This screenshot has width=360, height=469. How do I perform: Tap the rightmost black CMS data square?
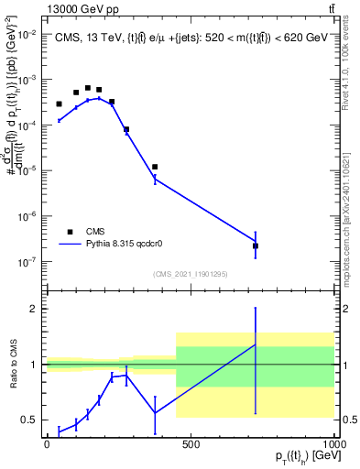(x=256, y=245)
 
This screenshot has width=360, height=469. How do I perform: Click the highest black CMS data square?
(x=88, y=88)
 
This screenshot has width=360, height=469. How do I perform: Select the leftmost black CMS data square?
(x=59, y=104)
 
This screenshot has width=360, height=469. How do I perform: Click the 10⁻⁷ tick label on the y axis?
(x=28, y=262)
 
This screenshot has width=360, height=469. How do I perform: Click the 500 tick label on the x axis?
(x=191, y=443)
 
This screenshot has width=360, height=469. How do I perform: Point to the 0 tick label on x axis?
(x=47, y=443)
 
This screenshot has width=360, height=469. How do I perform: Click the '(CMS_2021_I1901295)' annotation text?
(x=190, y=274)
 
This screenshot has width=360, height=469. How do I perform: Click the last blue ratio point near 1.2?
(x=256, y=344)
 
